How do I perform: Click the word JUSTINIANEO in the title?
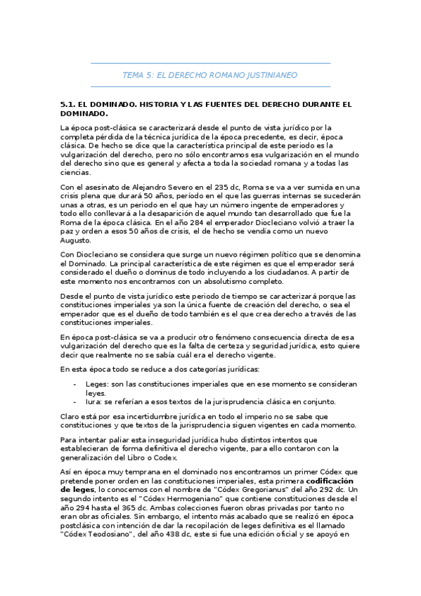pos(269,74)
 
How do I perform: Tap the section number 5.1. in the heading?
pos(71,104)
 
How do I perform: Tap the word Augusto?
pos(79,240)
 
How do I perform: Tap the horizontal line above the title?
pos(210,64)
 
